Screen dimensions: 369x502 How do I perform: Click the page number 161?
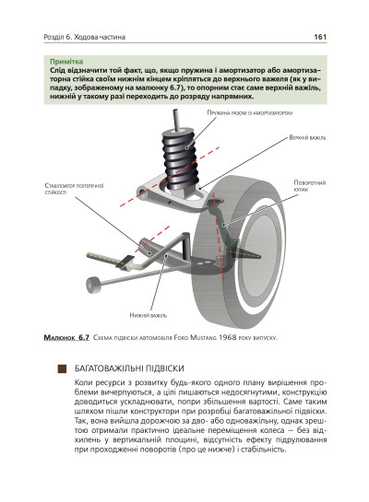320,37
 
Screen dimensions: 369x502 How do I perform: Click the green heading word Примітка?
66,62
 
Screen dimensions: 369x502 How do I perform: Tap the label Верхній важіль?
307,137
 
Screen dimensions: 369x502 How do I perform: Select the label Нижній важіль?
149,315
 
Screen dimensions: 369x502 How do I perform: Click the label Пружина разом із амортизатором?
250,112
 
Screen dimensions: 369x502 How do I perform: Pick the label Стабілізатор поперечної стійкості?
75,189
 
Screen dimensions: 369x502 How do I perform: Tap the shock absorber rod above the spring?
176,119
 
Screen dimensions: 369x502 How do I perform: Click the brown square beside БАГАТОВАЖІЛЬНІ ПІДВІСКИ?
62,368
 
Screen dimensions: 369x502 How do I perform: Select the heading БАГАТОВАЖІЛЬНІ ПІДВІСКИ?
129,368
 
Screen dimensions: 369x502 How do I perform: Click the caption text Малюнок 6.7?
66,337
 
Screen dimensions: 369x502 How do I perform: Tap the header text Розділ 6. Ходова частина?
85,37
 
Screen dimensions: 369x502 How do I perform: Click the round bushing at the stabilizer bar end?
93,285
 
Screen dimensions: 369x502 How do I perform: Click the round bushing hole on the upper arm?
142,193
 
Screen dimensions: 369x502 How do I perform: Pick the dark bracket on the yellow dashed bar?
125,262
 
